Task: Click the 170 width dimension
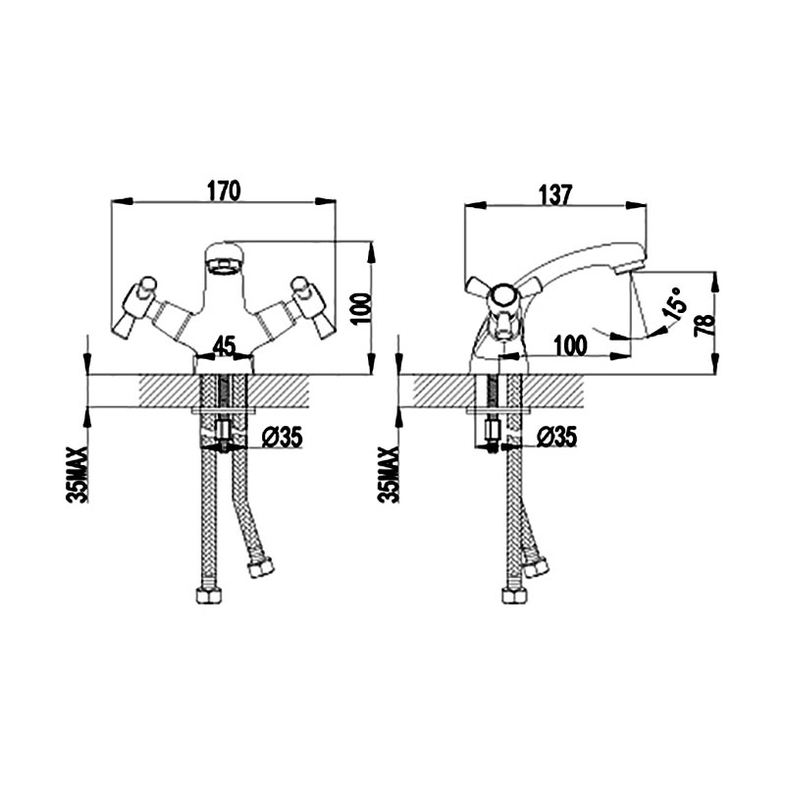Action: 224,190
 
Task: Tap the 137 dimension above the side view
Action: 555,194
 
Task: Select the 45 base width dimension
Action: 225,346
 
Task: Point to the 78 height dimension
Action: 705,326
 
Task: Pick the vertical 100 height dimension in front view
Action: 361,309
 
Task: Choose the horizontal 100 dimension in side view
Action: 570,345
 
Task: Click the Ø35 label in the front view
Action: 283,438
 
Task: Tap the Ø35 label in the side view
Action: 556,437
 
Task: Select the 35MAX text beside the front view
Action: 78,474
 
